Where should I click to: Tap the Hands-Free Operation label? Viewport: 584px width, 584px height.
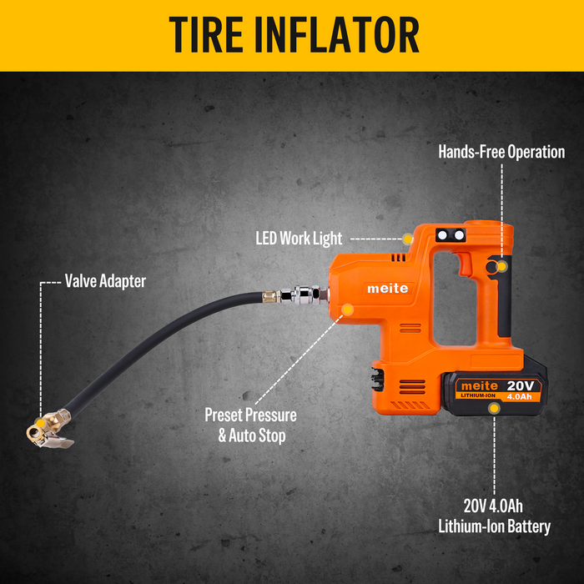click(x=501, y=152)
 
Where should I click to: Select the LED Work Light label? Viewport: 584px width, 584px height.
click(x=299, y=239)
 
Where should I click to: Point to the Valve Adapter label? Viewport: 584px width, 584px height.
click(x=105, y=281)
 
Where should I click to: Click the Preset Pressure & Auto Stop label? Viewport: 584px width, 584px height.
click(x=250, y=424)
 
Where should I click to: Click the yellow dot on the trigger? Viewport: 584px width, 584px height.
click(x=501, y=266)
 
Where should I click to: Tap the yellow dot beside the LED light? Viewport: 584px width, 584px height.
click(x=407, y=239)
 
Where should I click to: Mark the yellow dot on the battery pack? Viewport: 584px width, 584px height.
click(x=496, y=408)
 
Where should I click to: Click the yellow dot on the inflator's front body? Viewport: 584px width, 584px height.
click(x=347, y=310)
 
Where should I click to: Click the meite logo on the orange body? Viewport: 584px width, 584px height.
click(x=389, y=288)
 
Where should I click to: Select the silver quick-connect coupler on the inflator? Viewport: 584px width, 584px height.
click(x=302, y=294)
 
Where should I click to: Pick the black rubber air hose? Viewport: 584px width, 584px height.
click(x=150, y=334)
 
